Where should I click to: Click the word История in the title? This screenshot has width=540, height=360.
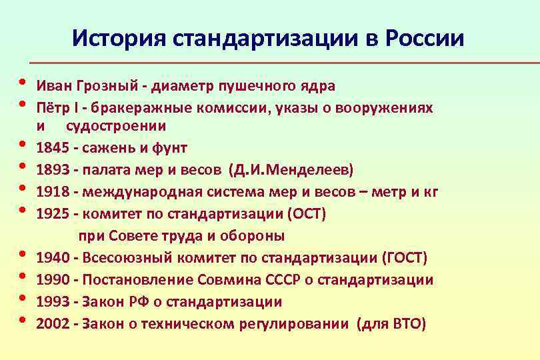click(119, 38)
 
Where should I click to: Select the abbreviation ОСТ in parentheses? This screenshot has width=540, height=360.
click(309, 214)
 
